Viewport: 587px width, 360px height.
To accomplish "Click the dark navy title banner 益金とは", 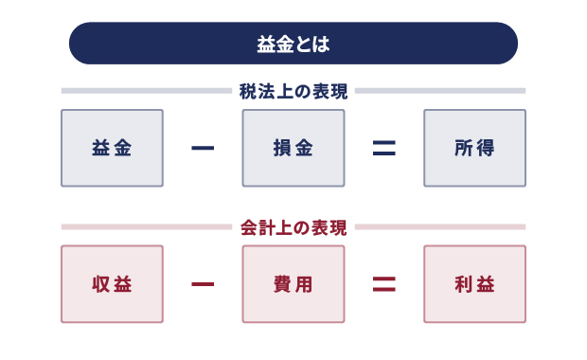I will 293,44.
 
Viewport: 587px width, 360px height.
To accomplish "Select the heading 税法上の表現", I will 293,92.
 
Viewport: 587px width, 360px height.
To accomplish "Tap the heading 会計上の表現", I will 293,227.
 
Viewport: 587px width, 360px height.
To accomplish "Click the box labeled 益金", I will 112,148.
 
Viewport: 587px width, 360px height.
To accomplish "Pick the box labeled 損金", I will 293,148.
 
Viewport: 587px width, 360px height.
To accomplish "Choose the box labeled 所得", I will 474,148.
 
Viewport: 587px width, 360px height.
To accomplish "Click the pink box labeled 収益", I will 112,284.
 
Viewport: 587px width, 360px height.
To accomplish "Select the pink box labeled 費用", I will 293,284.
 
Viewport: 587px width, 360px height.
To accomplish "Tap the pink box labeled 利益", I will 474,284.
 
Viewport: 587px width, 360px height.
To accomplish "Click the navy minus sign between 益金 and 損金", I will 203,148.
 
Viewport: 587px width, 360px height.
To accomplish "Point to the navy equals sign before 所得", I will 383,148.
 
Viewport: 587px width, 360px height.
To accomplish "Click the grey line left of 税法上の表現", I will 147,92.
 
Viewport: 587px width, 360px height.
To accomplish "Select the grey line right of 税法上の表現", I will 440,92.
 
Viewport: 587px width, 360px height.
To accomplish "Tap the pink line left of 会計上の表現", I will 147,227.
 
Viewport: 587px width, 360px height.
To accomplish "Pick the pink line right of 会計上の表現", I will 440,227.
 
